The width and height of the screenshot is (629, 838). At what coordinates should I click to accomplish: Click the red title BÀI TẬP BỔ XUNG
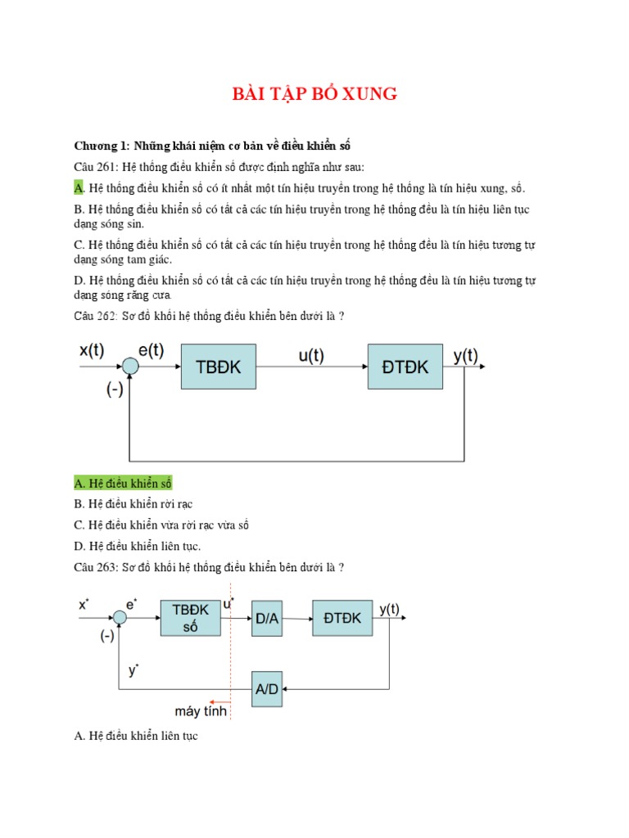coord(314,94)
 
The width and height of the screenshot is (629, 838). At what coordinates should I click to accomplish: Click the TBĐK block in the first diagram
coord(219,367)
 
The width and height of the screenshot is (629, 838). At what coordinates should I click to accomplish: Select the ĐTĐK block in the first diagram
coord(405,367)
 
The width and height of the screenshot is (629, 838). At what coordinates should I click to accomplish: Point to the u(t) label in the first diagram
coord(312,356)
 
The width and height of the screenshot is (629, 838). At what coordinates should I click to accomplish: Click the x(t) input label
coord(91,350)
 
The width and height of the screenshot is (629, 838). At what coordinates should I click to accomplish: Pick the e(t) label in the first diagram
coord(151,350)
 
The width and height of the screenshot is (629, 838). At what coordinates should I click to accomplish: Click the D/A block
coord(267,619)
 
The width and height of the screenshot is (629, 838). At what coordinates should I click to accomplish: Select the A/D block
coord(267,688)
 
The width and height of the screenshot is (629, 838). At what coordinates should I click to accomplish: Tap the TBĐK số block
coord(191,619)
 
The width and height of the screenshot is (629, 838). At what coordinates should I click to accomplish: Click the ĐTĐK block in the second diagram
coord(342,619)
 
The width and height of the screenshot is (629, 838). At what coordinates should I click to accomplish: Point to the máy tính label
coord(201,710)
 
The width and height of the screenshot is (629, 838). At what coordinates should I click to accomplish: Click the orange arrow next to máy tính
coord(218,701)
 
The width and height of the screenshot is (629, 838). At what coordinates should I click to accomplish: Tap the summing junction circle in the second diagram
coord(120,619)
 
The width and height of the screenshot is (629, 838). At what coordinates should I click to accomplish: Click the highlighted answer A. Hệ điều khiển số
coord(123,483)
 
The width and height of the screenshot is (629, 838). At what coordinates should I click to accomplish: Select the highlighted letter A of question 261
coord(79,188)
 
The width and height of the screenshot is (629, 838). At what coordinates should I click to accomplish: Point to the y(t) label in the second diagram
coord(389,608)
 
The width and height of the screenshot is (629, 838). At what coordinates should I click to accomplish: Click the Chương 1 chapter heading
coord(212,146)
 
